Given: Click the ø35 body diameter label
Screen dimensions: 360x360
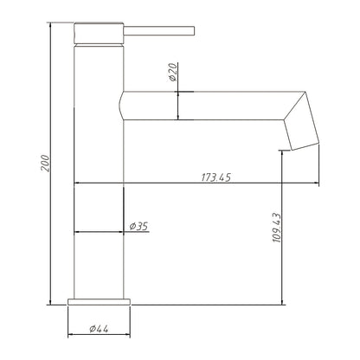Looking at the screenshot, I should point(138,227).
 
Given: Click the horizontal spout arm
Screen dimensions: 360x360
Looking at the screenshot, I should point(208,105).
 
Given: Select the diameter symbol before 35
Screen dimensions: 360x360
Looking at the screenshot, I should point(132,227).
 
